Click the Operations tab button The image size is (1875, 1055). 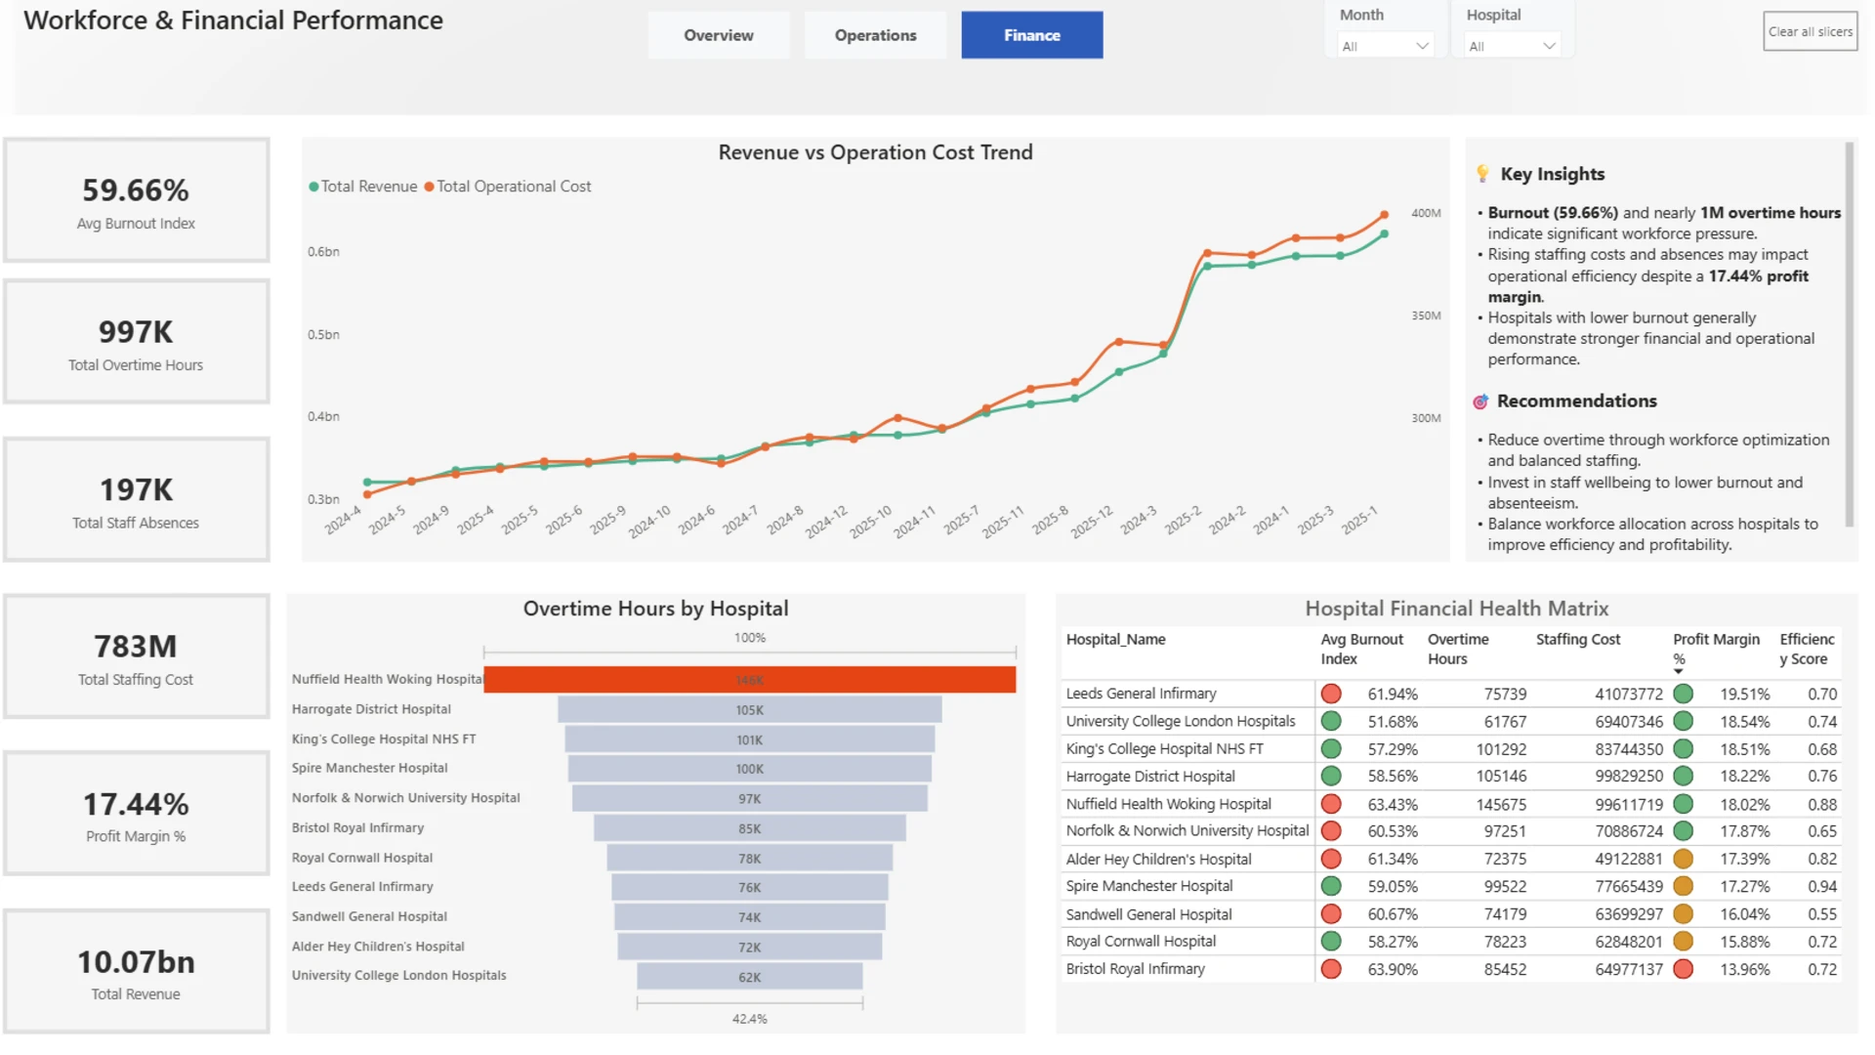pos(875,35)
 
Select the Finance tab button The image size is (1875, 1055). pos(1032,35)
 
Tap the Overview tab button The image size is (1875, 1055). pos(719,35)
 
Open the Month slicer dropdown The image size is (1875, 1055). pos(1385,46)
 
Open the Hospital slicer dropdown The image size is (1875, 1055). pos(1512,46)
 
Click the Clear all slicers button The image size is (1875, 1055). pos(1810,31)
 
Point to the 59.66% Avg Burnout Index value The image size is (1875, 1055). pos(136,190)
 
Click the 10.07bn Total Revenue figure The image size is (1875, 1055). pos(136,962)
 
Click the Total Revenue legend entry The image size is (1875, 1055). pos(363,187)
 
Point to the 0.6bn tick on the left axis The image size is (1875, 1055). pos(323,252)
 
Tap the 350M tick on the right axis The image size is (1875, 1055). pos(1426,316)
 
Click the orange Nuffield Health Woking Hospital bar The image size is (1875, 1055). pos(750,680)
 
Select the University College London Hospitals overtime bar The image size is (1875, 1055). pos(750,977)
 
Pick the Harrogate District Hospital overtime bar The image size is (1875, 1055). pos(750,710)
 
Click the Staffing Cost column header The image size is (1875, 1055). pos(1577,640)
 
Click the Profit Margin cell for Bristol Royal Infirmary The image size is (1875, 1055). pos(1744,970)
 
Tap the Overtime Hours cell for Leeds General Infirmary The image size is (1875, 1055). pos(1505,695)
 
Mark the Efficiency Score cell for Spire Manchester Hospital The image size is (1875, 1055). pos(1822,887)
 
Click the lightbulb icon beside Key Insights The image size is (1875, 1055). pos(1482,174)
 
